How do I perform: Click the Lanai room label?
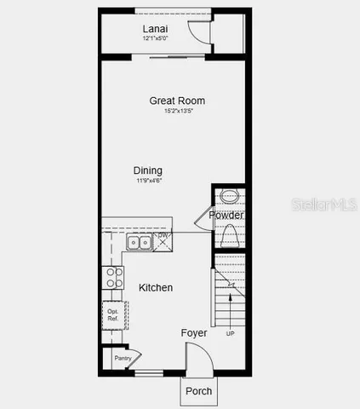coord(155,28)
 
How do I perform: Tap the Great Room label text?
coord(177,101)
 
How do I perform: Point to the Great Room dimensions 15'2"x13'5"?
coord(177,112)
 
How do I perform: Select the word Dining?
coord(148,170)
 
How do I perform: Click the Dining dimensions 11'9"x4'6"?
coord(148,181)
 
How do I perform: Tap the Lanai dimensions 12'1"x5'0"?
coord(155,38)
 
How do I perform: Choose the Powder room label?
coord(226,216)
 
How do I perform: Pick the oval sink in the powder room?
coord(230,197)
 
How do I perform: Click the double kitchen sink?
coord(138,243)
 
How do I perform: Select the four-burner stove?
coord(111,279)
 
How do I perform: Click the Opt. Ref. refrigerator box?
coord(113,314)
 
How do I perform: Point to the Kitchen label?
coord(156,288)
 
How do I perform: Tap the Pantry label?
coord(123,359)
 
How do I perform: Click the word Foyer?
coord(194,333)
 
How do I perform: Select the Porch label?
coord(199,392)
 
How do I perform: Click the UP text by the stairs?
coord(230,333)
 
